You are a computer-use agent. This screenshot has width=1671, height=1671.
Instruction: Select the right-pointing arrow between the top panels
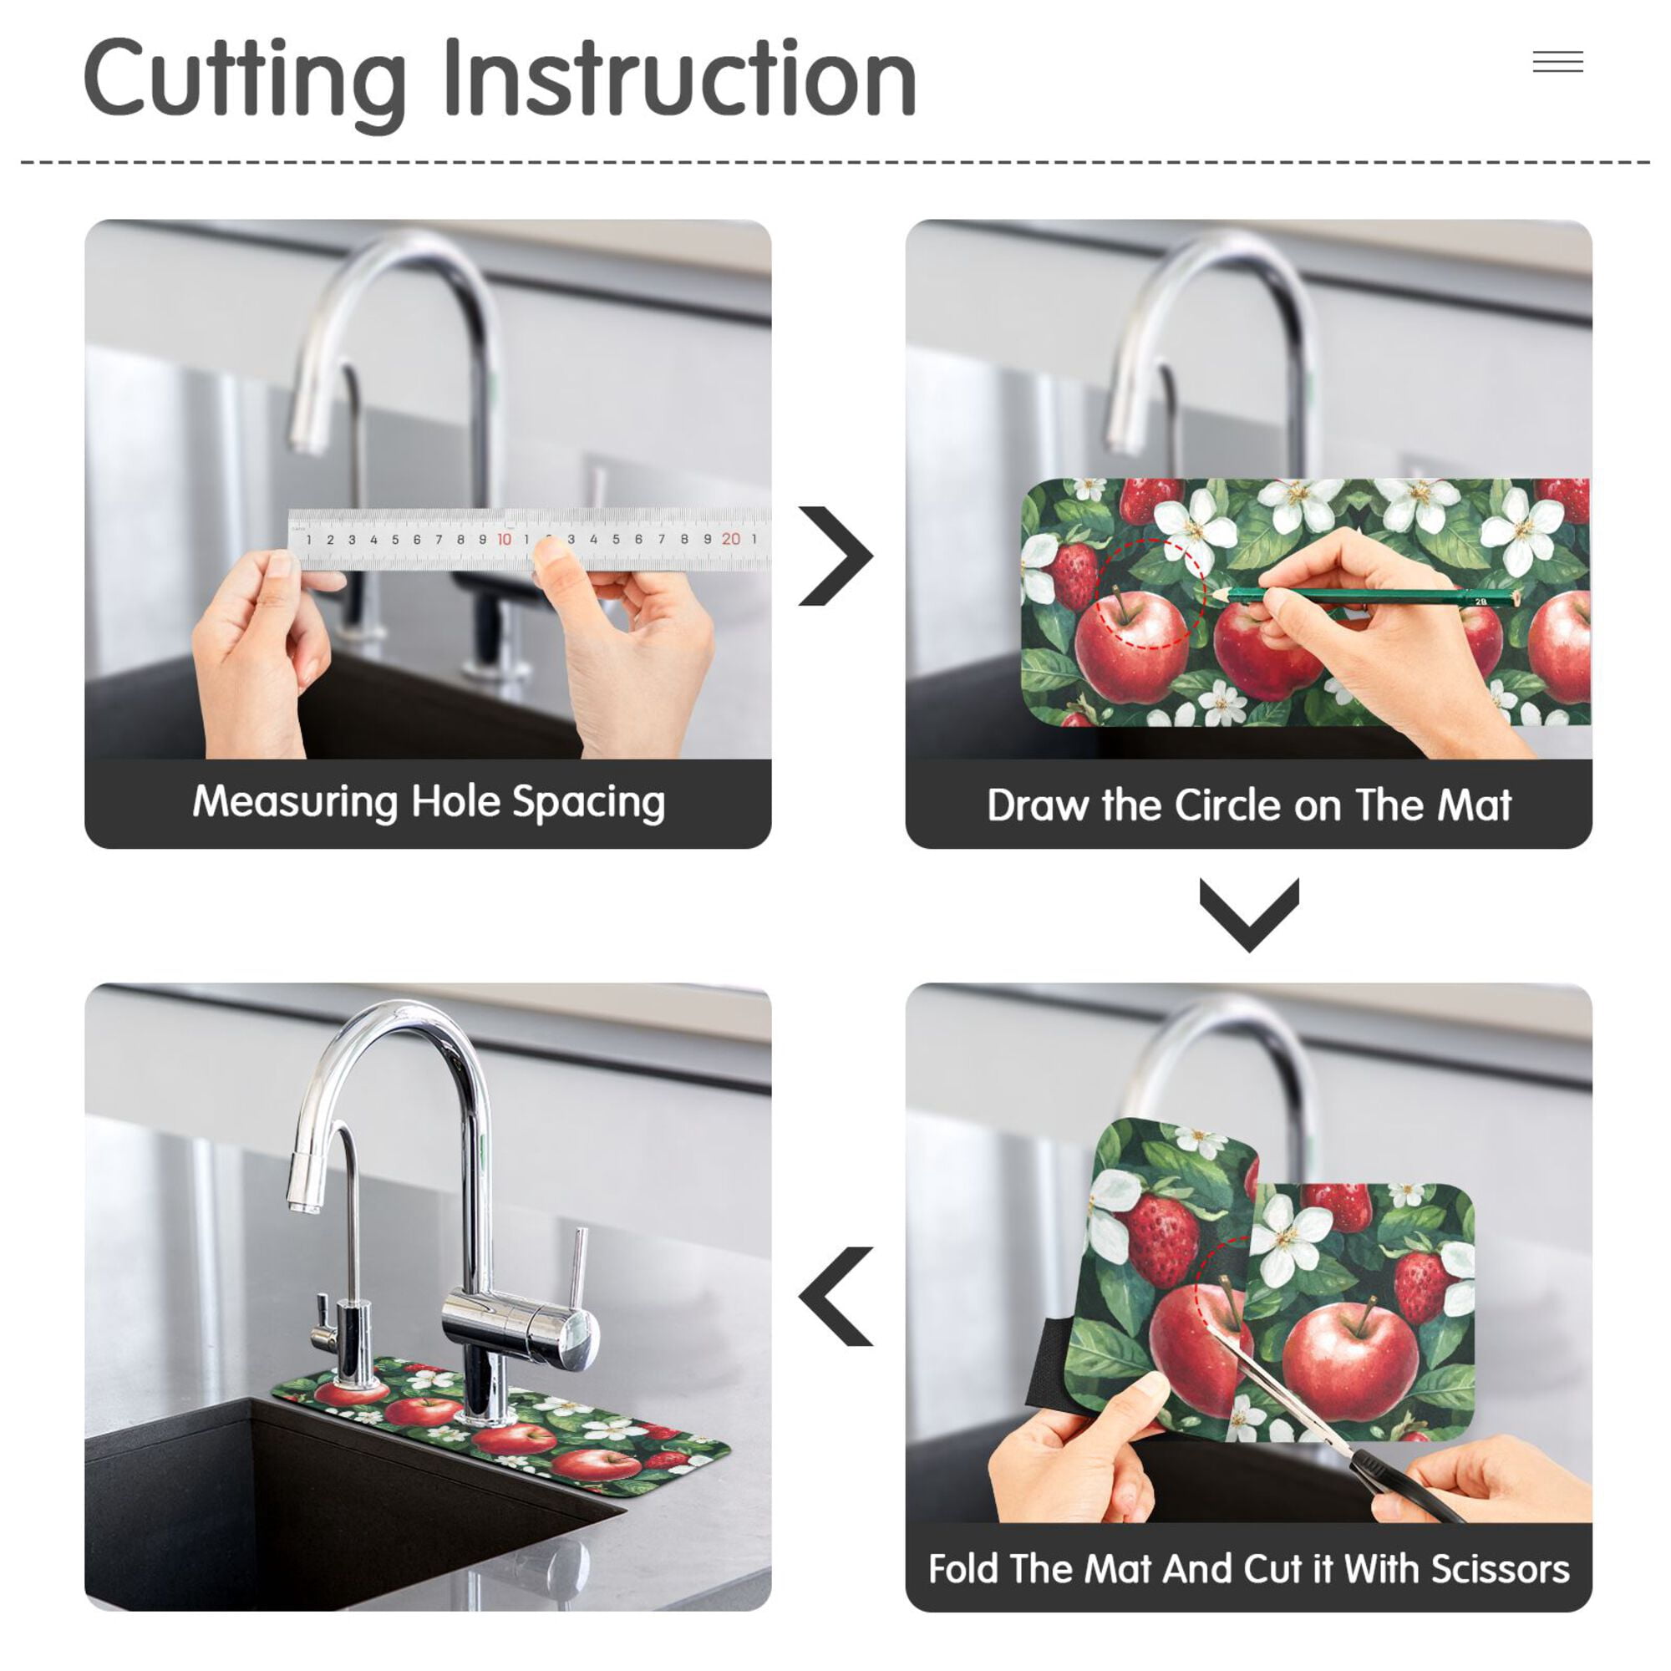[835, 556]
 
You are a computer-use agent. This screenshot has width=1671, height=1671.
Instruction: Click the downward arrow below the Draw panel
[1249, 915]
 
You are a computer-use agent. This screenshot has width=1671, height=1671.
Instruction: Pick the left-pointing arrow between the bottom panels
[835, 1297]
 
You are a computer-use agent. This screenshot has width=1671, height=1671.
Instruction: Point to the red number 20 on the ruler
[731, 540]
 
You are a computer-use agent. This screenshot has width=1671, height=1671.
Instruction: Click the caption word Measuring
[296, 803]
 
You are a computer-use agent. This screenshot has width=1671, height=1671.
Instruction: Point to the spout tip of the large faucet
[302, 1205]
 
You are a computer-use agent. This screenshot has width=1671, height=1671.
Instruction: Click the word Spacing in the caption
[589, 803]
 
